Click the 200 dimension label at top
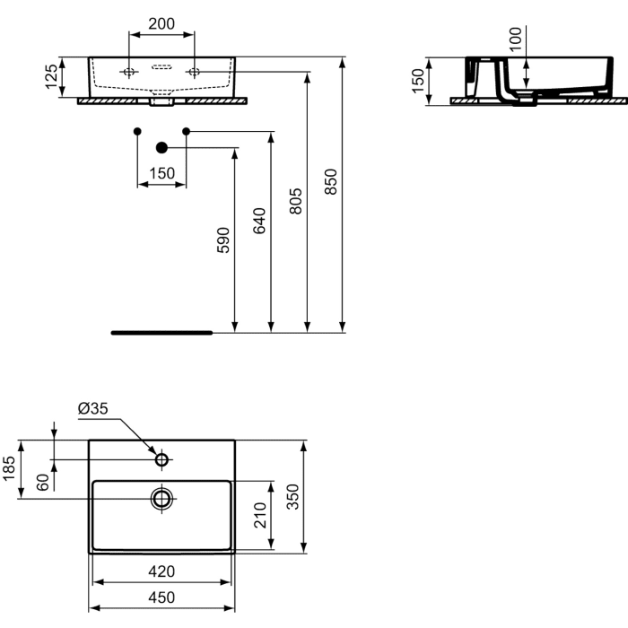[x=161, y=24]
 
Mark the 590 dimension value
[x=222, y=240]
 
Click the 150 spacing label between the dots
[x=161, y=173]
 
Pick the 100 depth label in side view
[x=515, y=39]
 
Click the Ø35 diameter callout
[x=93, y=408]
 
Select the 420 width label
[x=161, y=571]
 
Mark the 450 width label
[x=161, y=597]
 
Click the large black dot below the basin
[x=162, y=147]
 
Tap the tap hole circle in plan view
[x=162, y=459]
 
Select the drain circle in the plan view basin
[x=162, y=499]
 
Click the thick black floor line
[x=161, y=332]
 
